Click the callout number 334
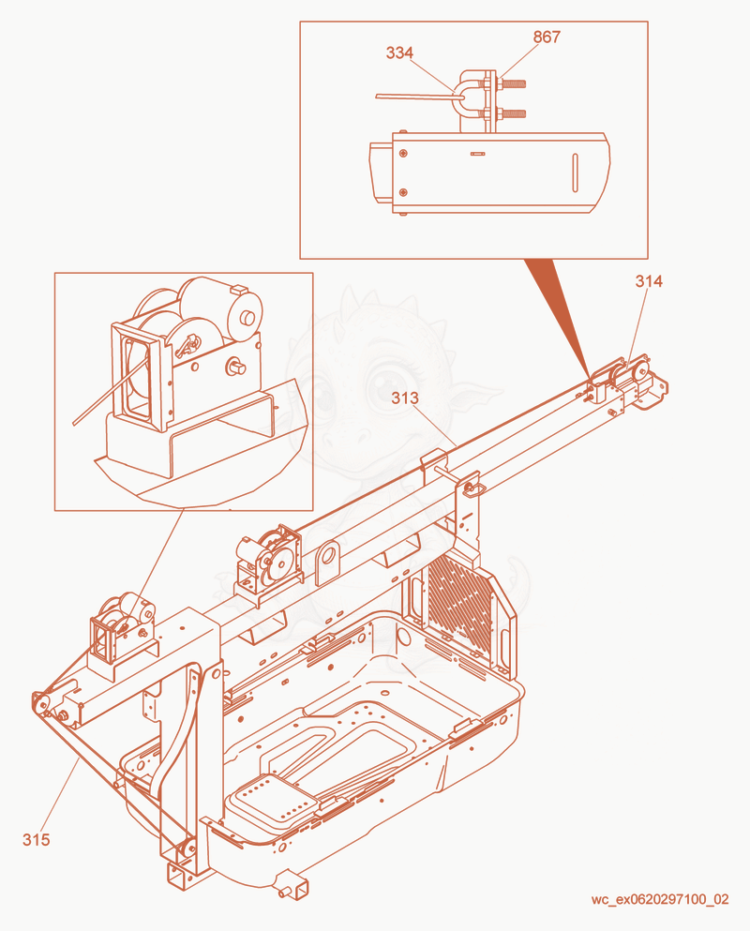[399, 53]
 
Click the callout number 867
[547, 37]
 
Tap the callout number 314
[649, 281]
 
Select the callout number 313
[404, 398]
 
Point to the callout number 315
[37, 839]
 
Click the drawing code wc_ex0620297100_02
[659, 899]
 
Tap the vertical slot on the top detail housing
[575, 173]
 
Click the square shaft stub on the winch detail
[235, 367]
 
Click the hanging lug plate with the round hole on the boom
[327, 561]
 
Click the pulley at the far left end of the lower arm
[40, 703]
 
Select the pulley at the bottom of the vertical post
[188, 850]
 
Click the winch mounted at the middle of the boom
[268, 558]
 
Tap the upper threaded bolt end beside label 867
[513, 83]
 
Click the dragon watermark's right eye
[387, 383]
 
